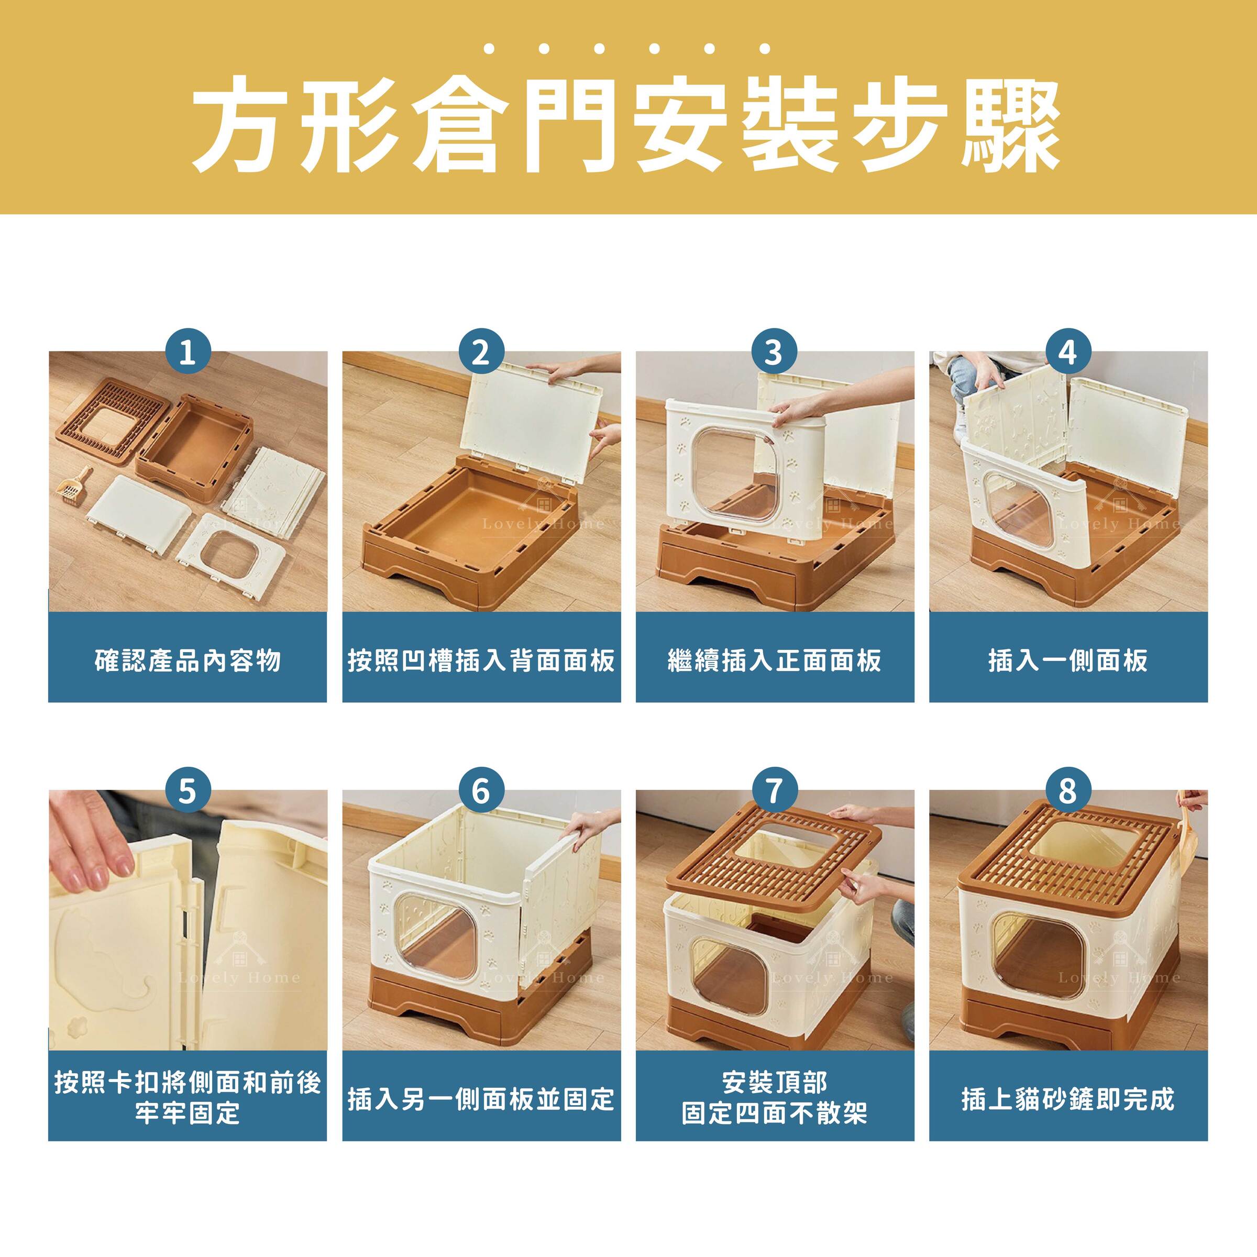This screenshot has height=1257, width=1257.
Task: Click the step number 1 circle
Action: point(188,352)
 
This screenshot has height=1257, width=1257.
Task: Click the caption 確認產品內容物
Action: point(188,660)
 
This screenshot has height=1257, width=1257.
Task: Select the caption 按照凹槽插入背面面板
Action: point(481,660)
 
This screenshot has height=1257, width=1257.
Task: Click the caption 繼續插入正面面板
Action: point(774,660)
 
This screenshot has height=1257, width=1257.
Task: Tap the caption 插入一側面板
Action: point(1068,660)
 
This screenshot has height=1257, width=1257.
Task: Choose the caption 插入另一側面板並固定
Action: point(481,1099)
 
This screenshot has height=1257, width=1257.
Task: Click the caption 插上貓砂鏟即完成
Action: point(1068,1099)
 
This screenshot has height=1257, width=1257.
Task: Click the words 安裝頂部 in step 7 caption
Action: point(774,1082)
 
